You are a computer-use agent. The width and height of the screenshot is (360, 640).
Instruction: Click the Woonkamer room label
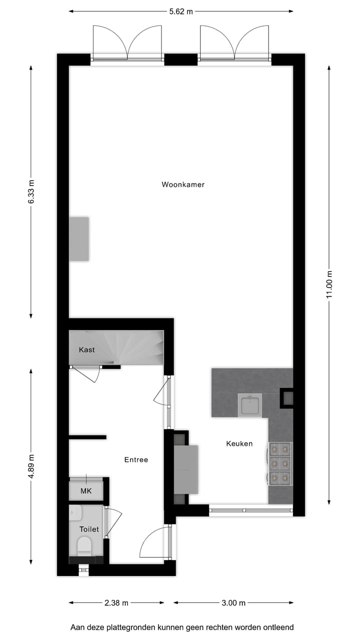point(183,184)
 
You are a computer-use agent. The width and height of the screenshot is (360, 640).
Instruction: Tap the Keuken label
point(239,443)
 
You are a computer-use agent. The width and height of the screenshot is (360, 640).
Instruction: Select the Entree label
point(136,459)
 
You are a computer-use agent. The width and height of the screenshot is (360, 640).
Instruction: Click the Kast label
point(86,350)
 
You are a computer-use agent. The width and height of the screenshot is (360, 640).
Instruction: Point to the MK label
point(86,491)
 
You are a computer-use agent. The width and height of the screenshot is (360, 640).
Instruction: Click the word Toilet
point(89,529)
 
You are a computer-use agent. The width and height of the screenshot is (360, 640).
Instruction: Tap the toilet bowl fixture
point(84,545)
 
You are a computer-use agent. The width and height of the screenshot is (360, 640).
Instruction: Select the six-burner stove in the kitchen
point(280,463)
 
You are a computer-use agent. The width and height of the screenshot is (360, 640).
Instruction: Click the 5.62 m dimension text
point(181,12)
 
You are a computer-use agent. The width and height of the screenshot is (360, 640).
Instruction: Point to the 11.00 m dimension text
point(329,284)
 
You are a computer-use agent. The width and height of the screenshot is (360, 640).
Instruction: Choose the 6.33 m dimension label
point(31,191)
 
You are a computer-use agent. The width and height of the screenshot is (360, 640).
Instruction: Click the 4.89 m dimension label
point(31,466)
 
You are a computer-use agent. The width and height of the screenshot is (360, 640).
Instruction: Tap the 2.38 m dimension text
point(116,603)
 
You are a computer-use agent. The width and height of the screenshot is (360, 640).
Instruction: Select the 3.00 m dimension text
point(233,603)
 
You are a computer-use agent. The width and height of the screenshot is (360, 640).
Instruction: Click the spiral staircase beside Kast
point(135,348)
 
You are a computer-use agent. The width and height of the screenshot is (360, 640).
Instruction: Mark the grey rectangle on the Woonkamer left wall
point(79,238)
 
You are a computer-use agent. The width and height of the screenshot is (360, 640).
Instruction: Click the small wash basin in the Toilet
point(75,511)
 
